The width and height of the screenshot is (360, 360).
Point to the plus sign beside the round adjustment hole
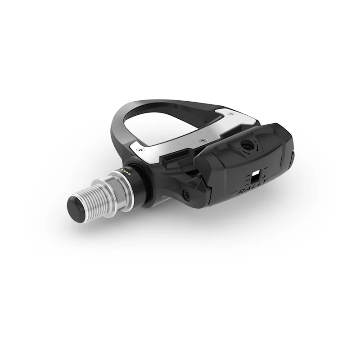(256, 143)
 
